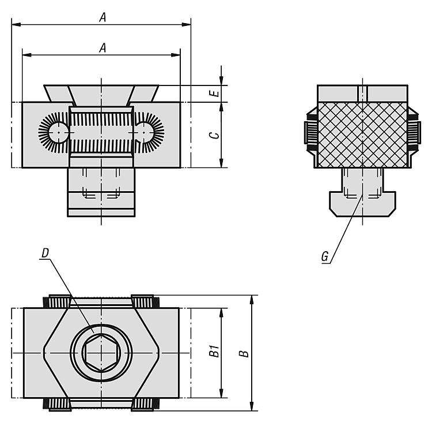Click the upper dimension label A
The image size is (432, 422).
(103, 18)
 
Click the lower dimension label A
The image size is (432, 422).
(103, 48)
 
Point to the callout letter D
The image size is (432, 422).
(45, 253)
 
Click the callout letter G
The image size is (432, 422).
(325, 257)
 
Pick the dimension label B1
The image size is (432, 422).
(214, 352)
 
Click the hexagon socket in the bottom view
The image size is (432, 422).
(101, 353)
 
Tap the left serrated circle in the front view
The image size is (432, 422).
(58, 133)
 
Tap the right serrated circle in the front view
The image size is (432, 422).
(144, 133)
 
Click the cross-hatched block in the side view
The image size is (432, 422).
(362, 135)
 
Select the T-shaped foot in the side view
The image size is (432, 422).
(362, 204)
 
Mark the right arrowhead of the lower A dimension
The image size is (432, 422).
(176, 55)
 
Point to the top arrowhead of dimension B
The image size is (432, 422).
(252, 300)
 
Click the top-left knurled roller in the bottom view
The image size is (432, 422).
(57, 301)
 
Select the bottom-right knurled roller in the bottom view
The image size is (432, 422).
(145, 404)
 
